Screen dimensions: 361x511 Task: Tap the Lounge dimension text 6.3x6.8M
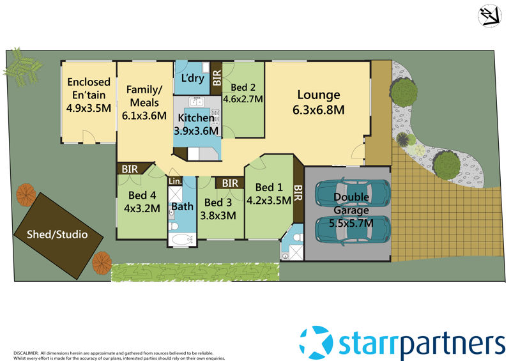click(x=318, y=110)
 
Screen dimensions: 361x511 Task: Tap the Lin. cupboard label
click(x=175, y=181)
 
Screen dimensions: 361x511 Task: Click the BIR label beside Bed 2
click(x=217, y=75)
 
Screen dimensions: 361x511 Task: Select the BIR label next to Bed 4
click(x=130, y=169)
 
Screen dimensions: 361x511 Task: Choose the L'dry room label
click(x=192, y=79)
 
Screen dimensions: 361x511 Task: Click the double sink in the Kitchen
click(x=194, y=102)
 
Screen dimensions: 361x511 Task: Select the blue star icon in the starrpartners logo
click(x=316, y=342)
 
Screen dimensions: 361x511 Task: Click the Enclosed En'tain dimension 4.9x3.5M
click(x=88, y=107)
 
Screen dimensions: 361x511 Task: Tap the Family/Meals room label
click(x=144, y=96)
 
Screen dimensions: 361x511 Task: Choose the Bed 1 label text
click(x=268, y=187)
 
